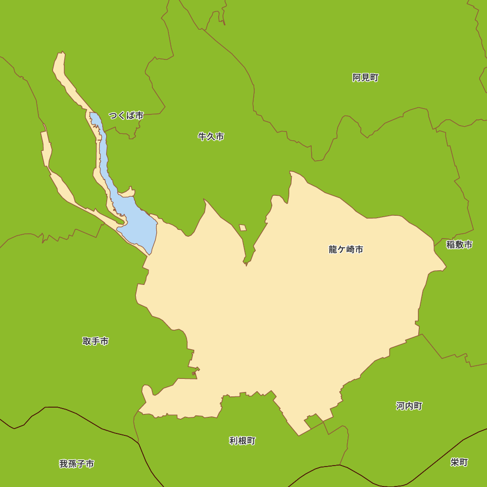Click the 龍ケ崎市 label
[346, 250]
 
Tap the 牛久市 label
[211, 137]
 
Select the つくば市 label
[126, 116]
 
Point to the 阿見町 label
[365, 77]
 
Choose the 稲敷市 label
[459, 245]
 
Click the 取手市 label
[95, 341]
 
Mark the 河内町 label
[409, 406]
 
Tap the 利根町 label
[242, 441]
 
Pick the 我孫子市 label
[76, 464]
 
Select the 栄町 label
[459, 462]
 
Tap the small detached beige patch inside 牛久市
[243, 227]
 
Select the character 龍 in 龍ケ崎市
[333, 250]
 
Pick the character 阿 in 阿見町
[356, 77]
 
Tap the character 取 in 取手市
[87, 341]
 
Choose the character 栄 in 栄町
[455, 462]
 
